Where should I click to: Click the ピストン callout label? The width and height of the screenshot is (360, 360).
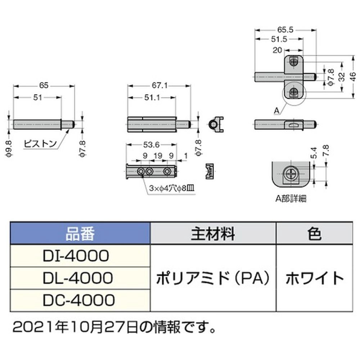[x=40, y=144]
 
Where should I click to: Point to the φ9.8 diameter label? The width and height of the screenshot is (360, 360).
[x=10, y=148]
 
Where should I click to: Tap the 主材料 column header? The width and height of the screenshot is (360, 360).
[x=212, y=234]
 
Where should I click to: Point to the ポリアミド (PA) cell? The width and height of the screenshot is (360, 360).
[x=212, y=278]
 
